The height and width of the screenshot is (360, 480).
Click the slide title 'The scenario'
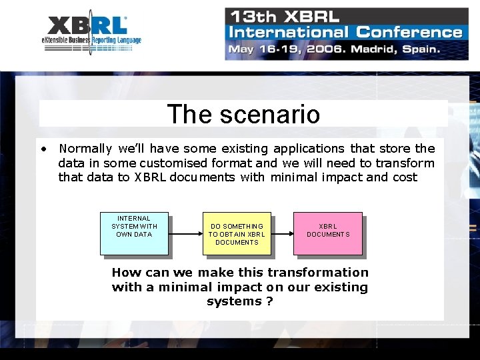click(x=243, y=114)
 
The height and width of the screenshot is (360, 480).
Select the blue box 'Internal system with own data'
click(x=134, y=233)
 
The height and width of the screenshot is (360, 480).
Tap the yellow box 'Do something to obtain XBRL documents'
click(x=237, y=234)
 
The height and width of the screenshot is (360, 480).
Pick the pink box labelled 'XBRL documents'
click(x=327, y=233)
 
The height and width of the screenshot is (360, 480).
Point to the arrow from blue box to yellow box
click(x=185, y=234)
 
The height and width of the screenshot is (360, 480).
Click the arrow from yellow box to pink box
click(x=281, y=234)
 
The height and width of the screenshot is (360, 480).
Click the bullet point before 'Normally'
click(x=42, y=149)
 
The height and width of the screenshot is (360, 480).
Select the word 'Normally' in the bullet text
click(x=85, y=149)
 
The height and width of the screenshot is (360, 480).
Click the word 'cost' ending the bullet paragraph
click(x=405, y=177)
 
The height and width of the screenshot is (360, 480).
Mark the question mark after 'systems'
click(x=269, y=302)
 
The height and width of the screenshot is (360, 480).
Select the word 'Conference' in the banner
click(x=409, y=31)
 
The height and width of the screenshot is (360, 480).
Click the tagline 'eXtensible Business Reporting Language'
click(x=91, y=41)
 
